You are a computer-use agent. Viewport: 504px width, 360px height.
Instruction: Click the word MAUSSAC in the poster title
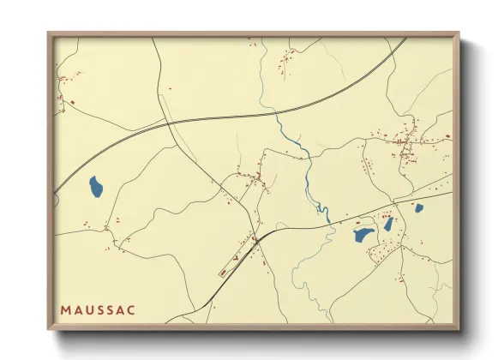pos(97,308)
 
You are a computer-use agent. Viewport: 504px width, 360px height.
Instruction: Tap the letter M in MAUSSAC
pos(65,308)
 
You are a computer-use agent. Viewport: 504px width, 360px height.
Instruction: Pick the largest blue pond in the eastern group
pos(363,234)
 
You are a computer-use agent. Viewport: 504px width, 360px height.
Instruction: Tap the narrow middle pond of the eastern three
pos(388,224)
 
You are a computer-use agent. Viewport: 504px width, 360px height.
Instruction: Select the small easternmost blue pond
pos(418,207)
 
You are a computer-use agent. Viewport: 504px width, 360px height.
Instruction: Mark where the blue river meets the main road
pos(328,222)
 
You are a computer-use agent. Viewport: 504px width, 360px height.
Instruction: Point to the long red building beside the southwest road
pos(225,271)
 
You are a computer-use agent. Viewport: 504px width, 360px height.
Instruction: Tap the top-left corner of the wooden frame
pos(49,34)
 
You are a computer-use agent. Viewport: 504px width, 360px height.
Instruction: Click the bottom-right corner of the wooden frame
pos(459,328)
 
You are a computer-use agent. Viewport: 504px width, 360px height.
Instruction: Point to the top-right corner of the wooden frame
pos(459,34)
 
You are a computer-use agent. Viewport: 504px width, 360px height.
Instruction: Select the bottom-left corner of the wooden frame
pos(49,328)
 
